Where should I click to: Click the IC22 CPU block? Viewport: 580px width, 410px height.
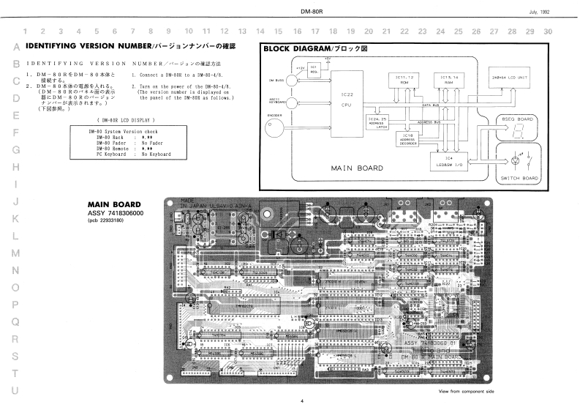click(x=347, y=99)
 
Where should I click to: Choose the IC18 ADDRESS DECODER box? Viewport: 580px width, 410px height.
click(x=407, y=138)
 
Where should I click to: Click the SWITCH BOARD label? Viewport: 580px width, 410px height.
click(x=519, y=178)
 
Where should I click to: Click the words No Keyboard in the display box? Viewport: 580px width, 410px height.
click(x=156, y=154)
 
